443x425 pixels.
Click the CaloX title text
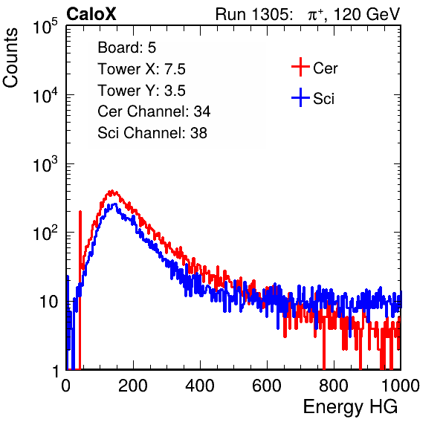pyautogui.click(x=91, y=14)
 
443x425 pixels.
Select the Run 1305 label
pyautogui.click(x=253, y=14)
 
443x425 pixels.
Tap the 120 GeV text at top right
pyautogui.click(x=366, y=14)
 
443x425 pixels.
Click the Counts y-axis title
pyautogui.click(x=10, y=58)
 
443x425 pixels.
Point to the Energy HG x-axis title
pyautogui.click(x=350, y=406)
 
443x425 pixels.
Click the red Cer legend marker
pyautogui.click(x=300, y=67)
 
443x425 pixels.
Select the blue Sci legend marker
pyautogui.click(x=300, y=97)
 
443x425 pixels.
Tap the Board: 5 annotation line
pyautogui.click(x=126, y=48)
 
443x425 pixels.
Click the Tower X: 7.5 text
pyautogui.click(x=141, y=69)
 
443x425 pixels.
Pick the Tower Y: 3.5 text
pyautogui.click(x=141, y=91)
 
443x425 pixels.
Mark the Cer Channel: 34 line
pyautogui.click(x=154, y=111)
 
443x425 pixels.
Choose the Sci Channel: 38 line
pyautogui.click(x=152, y=133)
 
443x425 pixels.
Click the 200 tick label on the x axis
pyautogui.click(x=133, y=386)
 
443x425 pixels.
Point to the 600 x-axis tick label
pyautogui.click(x=267, y=386)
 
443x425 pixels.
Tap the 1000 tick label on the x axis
pyautogui.click(x=401, y=386)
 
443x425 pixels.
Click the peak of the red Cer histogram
pyautogui.click(x=112, y=191)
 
